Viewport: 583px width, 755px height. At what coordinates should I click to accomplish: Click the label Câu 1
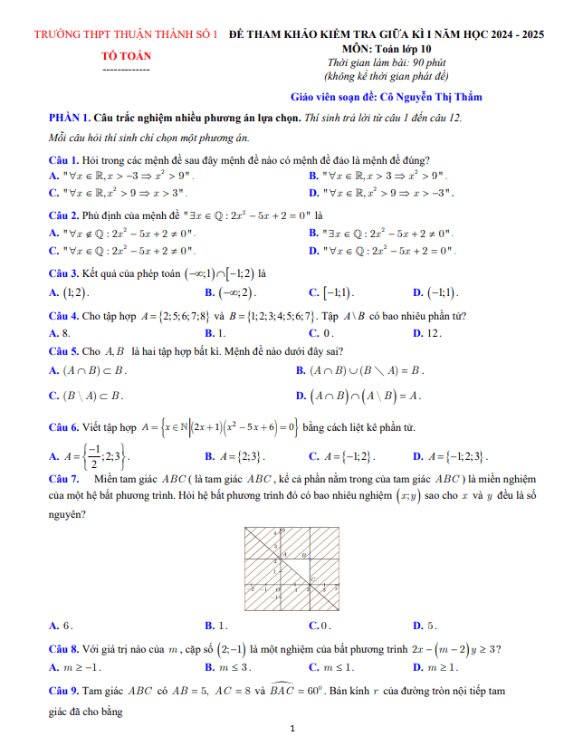pyautogui.click(x=66, y=160)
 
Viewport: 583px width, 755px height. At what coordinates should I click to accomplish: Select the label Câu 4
pyautogui.click(x=66, y=316)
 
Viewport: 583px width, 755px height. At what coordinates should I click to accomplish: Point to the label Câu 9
pyautogui.click(x=66, y=692)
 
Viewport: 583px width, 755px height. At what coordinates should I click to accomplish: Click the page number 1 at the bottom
pyautogui.click(x=292, y=728)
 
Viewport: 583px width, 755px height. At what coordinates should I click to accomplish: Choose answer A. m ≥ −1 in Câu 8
pyautogui.click(x=75, y=667)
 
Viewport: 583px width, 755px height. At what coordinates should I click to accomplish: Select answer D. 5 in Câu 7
pyautogui.click(x=425, y=626)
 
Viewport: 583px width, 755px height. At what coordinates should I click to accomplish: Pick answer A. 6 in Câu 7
pyautogui.click(x=60, y=626)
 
